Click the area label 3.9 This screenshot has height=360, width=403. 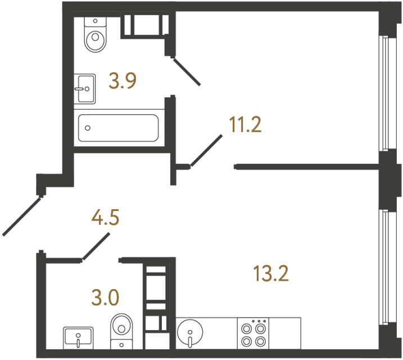(x=123, y=83)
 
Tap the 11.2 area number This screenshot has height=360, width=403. (x=245, y=125)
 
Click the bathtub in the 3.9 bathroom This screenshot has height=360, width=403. (x=118, y=128)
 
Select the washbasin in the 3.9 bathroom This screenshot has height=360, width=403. (x=85, y=88)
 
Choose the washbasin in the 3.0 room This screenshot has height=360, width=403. (x=78, y=337)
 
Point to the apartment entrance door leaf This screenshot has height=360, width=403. (x=22, y=215)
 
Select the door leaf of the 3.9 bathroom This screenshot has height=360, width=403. (x=186, y=71)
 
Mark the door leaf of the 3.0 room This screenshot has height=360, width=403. (x=96, y=247)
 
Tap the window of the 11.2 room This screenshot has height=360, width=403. (x=385, y=93)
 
